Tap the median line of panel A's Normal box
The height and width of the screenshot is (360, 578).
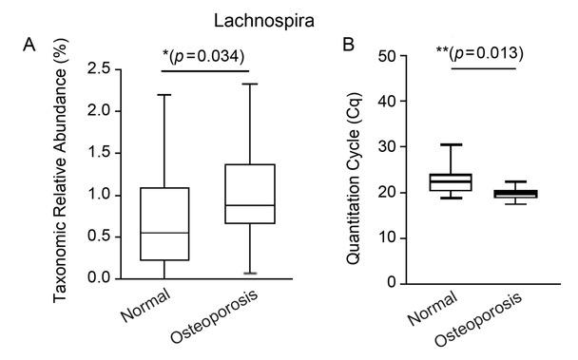coord(164,233)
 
